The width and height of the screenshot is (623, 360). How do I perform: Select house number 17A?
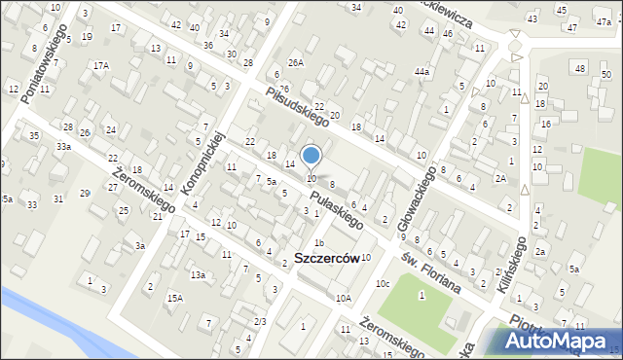tap(100, 65)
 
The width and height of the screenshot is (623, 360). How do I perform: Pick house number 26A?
tap(296, 63)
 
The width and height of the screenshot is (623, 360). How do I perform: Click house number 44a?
tap(421, 72)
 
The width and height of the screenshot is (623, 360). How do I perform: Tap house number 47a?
tap(603, 22)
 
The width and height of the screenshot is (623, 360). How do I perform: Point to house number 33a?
tap(63, 146)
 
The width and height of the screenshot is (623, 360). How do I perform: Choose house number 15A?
tap(174, 298)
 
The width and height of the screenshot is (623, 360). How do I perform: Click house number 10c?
tap(383, 283)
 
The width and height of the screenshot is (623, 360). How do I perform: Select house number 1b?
tap(318, 242)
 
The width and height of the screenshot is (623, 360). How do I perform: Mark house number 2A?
tap(500, 178)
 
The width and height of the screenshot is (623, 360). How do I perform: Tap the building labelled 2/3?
tap(259, 321)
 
